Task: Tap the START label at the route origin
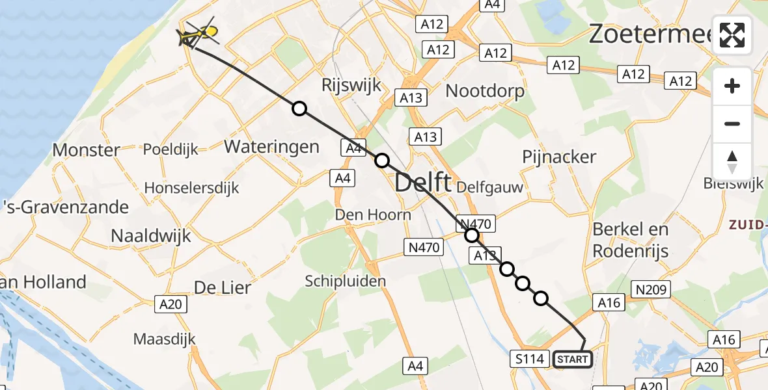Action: coord(573,359)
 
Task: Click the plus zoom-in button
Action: coord(732,86)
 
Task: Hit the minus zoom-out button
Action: coord(732,123)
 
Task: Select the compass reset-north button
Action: coord(732,161)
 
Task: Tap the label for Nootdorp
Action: coord(485,91)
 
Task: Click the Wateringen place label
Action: coord(271,146)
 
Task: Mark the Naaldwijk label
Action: coord(151,235)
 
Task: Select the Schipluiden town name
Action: coord(346,281)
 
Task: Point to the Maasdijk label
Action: coord(164,339)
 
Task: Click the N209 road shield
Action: coord(651,290)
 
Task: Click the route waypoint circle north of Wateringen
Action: coord(299,109)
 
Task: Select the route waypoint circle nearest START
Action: coord(541,298)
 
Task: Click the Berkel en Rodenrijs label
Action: coord(631,240)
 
